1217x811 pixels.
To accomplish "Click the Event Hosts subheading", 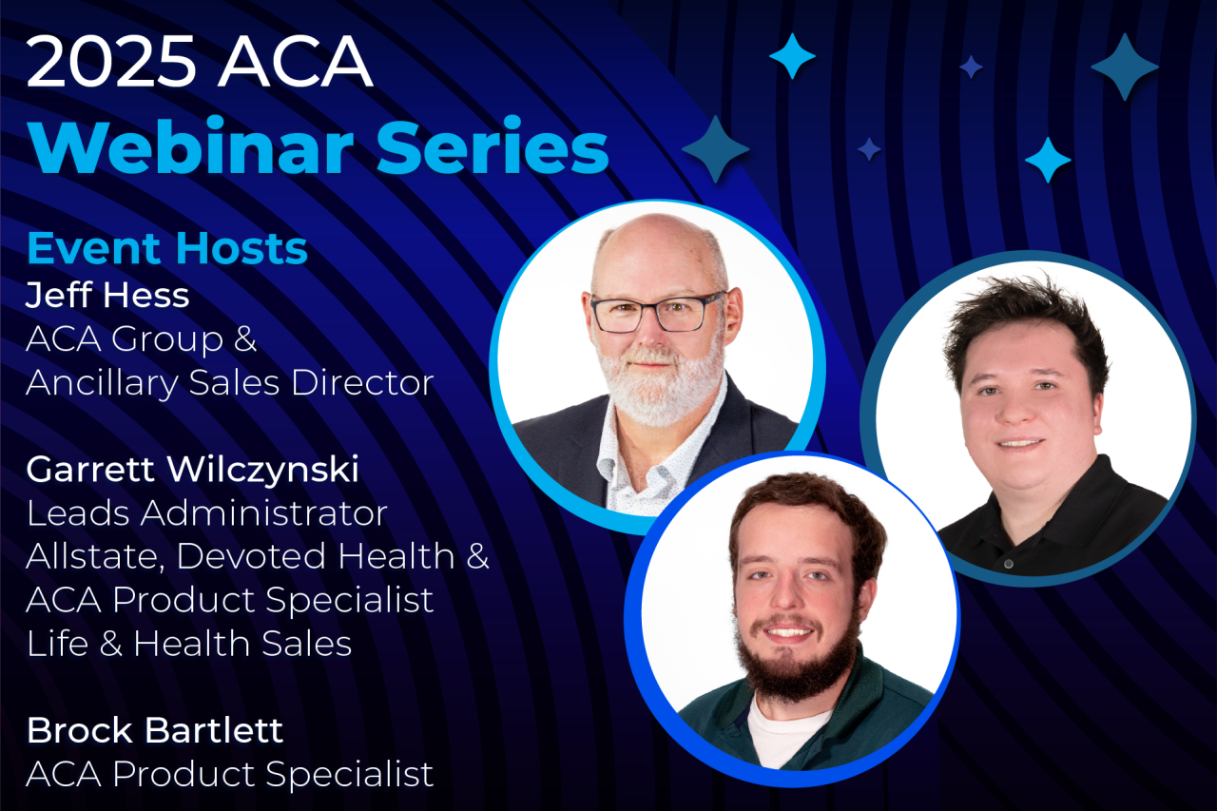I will [x=167, y=248].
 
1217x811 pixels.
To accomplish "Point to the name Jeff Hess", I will [x=107, y=295].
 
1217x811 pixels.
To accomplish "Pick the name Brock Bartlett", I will [x=155, y=730].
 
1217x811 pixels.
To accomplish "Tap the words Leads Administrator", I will [x=206, y=512].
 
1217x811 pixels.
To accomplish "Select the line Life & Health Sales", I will [x=189, y=644].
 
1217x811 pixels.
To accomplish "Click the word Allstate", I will [x=92, y=556].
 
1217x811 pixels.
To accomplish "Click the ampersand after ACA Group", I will [x=244, y=339].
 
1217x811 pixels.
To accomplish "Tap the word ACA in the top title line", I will [x=296, y=63].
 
